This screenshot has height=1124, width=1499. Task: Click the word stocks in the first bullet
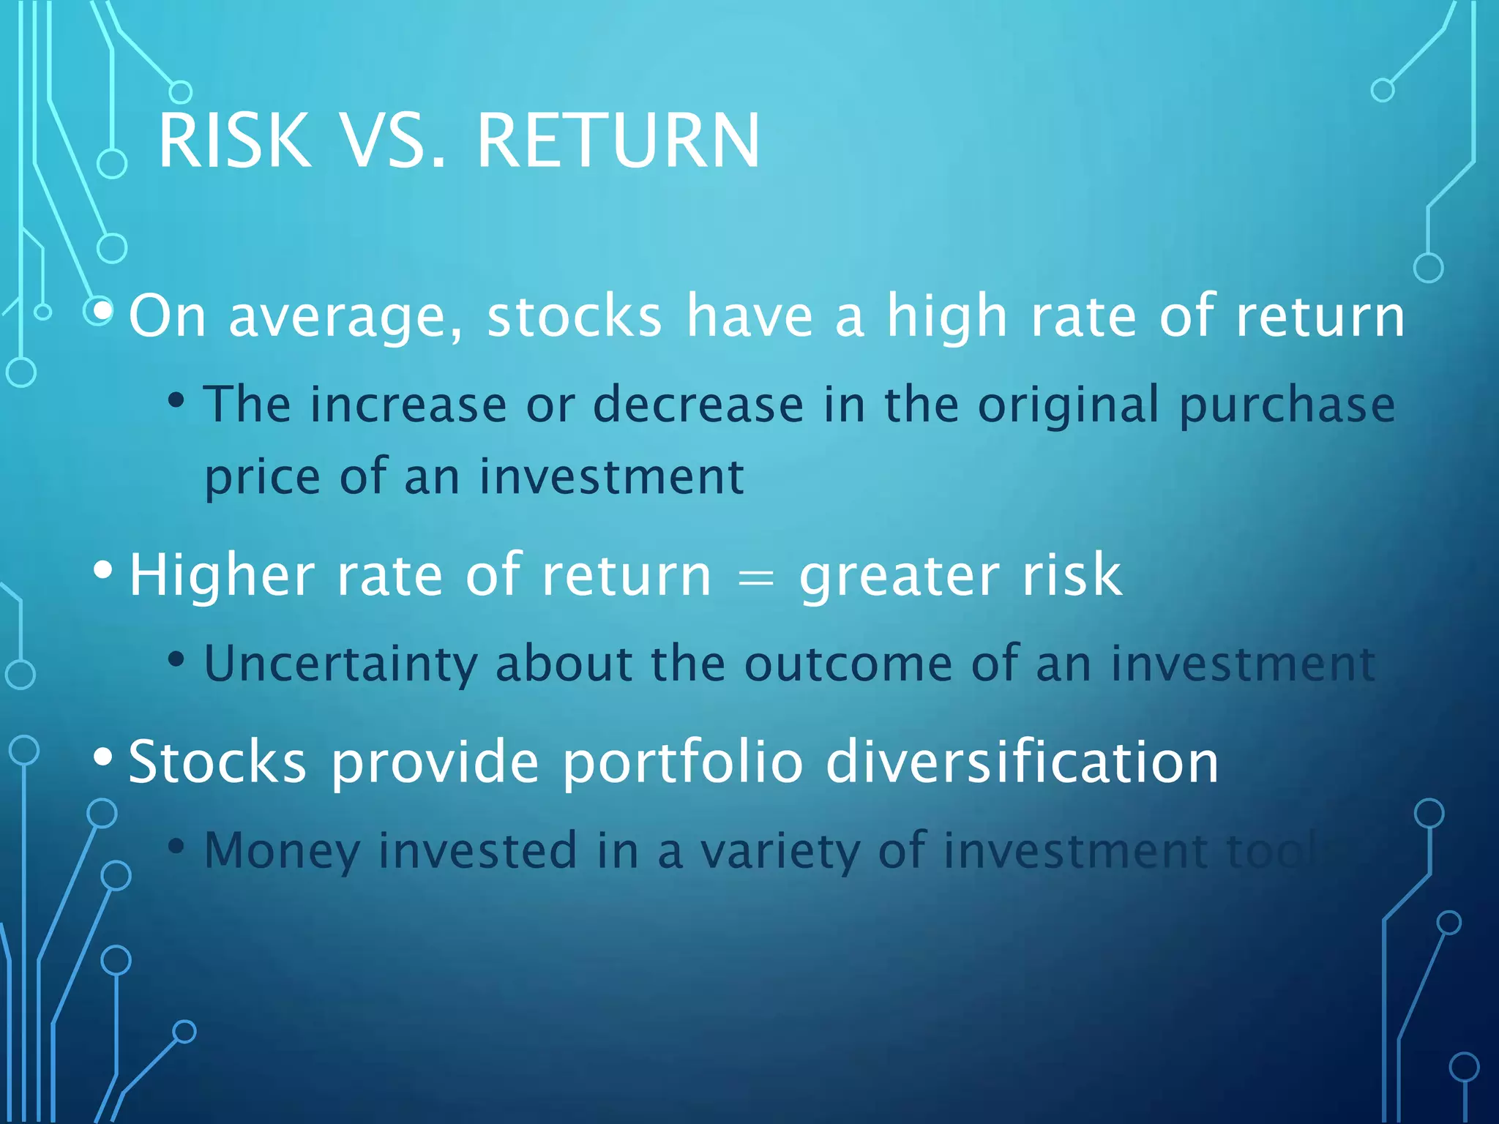pos(575,317)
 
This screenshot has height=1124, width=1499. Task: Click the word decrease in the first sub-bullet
pos(698,405)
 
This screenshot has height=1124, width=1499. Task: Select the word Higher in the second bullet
pos(222,577)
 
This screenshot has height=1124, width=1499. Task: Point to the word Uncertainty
pos(340,664)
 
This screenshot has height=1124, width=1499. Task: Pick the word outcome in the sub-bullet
pos(848,664)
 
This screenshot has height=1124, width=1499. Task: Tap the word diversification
pos(1022,763)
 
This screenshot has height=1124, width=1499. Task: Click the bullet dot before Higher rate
pos(103,570)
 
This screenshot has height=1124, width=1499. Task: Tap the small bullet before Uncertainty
pos(176,659)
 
